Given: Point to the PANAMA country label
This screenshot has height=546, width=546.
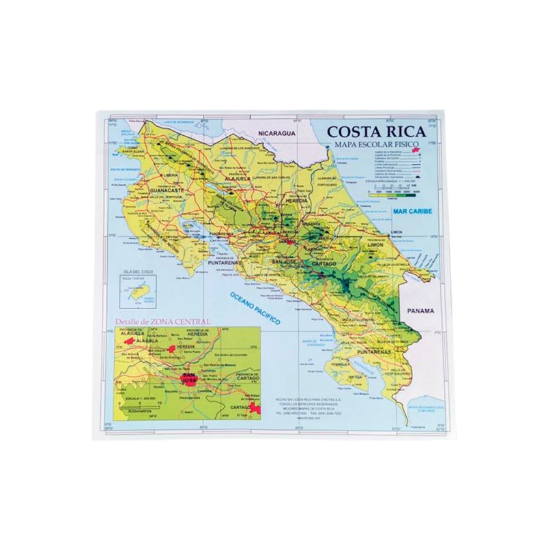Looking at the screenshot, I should [420, 310].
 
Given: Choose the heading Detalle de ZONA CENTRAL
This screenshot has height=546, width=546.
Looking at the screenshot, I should [163, 321].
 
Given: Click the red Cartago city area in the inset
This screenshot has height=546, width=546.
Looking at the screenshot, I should [255, 407].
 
